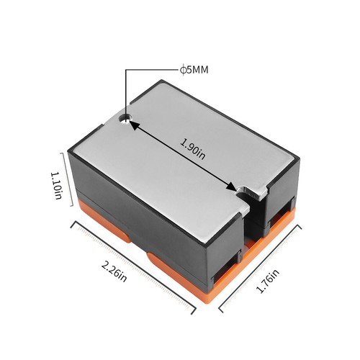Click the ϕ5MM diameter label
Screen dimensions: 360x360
[194, 70]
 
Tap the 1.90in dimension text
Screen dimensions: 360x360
[193, 149]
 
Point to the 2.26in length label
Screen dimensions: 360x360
[114, 272]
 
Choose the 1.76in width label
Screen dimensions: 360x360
[268, 281]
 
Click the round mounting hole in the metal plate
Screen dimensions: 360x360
[126, 118]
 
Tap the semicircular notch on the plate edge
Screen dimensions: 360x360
[244, 192]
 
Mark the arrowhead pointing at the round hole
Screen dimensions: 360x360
[135, 126]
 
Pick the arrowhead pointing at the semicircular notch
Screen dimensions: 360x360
[230, 186]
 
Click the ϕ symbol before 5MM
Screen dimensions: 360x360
[183, 70]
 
